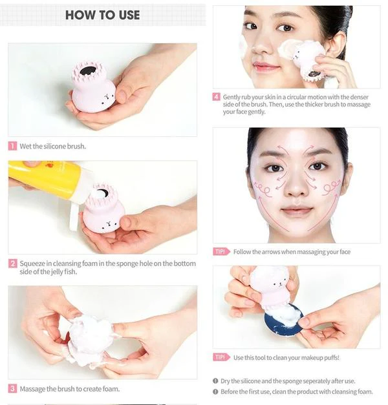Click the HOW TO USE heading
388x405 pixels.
(102, 15)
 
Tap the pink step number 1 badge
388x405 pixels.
(12, 146)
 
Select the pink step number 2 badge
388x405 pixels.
(12, 264)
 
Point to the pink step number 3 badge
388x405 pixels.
(12, 388)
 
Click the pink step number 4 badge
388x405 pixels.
(216, 97)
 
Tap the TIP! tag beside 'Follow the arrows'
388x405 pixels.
(221, 251)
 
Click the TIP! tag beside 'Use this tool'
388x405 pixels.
(221, 357)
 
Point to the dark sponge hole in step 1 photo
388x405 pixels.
(87, 70)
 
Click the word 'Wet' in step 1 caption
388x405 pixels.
(26, 146)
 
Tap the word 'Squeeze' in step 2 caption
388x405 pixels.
(32, 264)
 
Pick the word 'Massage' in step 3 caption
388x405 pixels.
(33, 389)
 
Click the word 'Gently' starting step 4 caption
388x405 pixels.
(232, 97)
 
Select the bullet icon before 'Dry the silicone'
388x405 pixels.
(215, 380)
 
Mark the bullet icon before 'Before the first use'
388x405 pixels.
(215, 391)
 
